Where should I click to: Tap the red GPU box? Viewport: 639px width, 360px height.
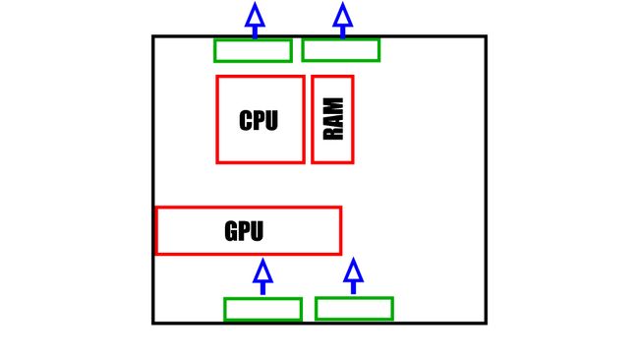tap(295, 230)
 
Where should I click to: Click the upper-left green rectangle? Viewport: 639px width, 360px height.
tap(253, 50)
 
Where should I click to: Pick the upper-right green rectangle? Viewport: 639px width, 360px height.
tap(340, 50)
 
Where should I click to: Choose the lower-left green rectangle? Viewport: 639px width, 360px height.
tap(262, 309)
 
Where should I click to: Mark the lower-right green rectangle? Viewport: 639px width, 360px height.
tap(354, 309)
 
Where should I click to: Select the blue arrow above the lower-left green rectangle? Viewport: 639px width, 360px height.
tap(262, 275)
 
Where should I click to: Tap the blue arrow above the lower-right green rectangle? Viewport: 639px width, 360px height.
tap(354, 275)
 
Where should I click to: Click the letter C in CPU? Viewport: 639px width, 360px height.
tap(246, 121)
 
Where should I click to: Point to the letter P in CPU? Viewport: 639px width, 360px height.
tap(259, 121)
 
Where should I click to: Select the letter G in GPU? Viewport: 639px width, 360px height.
tap(231, 232)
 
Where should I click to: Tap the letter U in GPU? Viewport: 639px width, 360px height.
tap(257, 232)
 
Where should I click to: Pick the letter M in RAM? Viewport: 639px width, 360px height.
tap(333, 105)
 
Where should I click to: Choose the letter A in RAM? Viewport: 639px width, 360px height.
tap(333, 120)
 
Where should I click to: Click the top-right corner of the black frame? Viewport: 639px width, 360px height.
tap(485, 37)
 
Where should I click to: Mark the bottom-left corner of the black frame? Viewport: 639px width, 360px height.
tap(154, 322)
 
